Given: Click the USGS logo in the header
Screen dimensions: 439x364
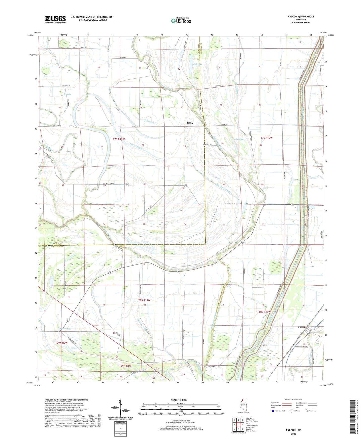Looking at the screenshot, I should [55, 19].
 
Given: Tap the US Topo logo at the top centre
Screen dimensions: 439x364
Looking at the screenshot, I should [181, 20].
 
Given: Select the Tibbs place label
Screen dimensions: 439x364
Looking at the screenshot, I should [190, 123].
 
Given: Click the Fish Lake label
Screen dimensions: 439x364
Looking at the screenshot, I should [197, 64].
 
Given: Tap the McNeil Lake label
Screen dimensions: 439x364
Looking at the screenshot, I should [240, 140].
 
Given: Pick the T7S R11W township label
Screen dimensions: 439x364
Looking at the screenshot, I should [119, 139].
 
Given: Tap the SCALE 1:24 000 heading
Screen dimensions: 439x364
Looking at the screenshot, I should [179, 400].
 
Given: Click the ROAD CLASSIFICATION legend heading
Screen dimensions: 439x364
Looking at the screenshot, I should [294, 400].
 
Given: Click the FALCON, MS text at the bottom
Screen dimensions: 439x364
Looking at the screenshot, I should [293, 430].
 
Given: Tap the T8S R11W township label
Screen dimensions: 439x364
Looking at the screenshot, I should [144, 300].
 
